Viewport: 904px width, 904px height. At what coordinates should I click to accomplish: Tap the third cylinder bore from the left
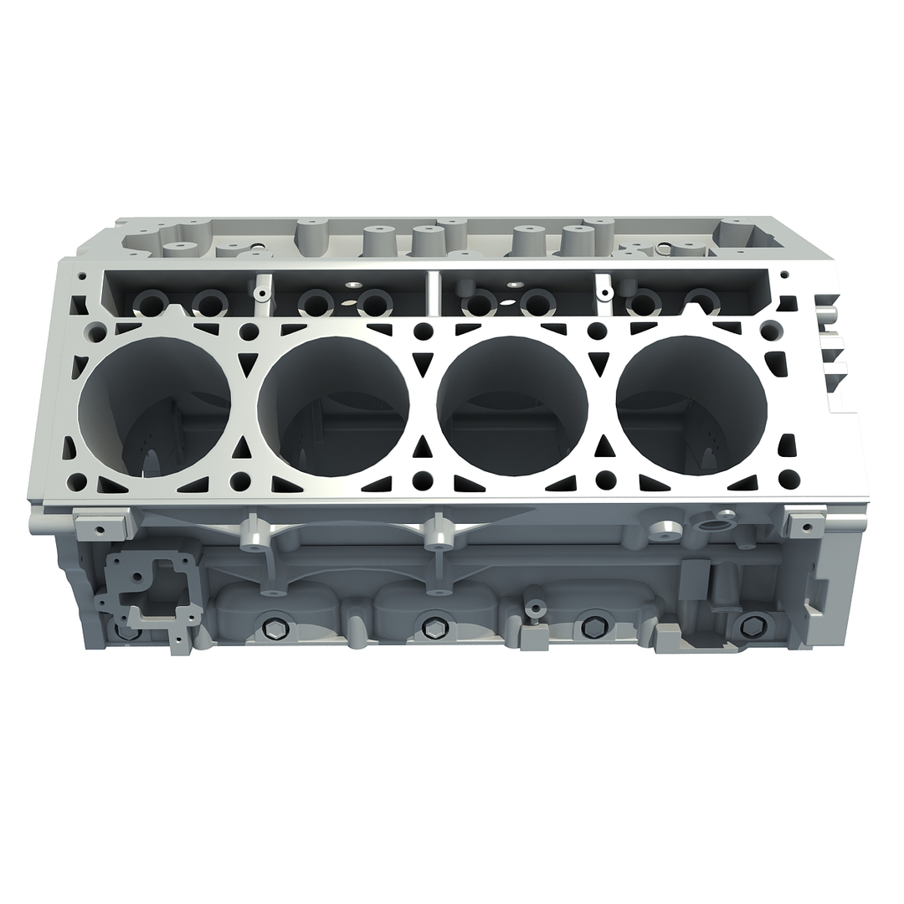click(512, 406)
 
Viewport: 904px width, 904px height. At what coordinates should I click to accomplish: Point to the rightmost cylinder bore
click(691, 406)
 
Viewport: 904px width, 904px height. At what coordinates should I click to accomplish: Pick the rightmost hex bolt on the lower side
click(751, 625)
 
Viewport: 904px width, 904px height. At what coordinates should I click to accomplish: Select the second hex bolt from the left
click(432, 628)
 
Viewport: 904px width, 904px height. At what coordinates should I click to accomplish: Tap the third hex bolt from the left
click(593, 626)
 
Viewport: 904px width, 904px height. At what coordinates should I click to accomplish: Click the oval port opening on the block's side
click(712, 526)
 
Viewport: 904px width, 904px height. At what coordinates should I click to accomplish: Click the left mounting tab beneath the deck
click(100, 527)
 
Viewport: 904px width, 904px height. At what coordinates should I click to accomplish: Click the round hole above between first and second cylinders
click(249, 331)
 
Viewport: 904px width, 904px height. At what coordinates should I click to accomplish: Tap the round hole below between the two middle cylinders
click(424, 480)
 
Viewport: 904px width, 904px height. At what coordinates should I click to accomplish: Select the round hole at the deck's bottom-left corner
click(77, 482)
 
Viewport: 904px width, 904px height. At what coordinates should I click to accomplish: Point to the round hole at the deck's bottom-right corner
click(788, 479)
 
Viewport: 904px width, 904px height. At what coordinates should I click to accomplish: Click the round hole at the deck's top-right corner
click(771, 330)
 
